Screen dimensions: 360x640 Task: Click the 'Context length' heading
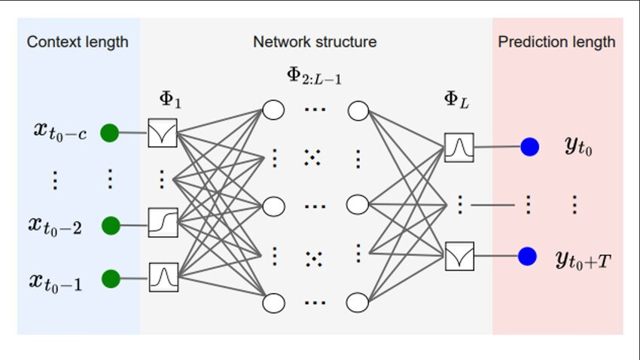78,42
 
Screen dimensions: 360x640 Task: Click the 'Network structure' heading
315,42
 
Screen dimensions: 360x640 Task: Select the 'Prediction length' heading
556,42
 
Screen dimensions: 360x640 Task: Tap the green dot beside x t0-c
111,133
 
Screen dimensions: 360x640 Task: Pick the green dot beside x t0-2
111,224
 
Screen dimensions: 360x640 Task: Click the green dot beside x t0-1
111,279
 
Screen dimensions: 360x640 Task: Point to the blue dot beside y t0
529,147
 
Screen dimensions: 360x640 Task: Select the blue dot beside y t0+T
528,256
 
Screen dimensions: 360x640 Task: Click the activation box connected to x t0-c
162,133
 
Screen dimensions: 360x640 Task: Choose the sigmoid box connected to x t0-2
162,223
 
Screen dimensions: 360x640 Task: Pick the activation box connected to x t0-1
162,277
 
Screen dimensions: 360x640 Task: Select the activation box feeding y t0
459,148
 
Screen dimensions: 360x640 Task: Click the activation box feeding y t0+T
459,256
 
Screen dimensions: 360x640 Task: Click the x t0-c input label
59,133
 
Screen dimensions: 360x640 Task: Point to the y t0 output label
578,147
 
